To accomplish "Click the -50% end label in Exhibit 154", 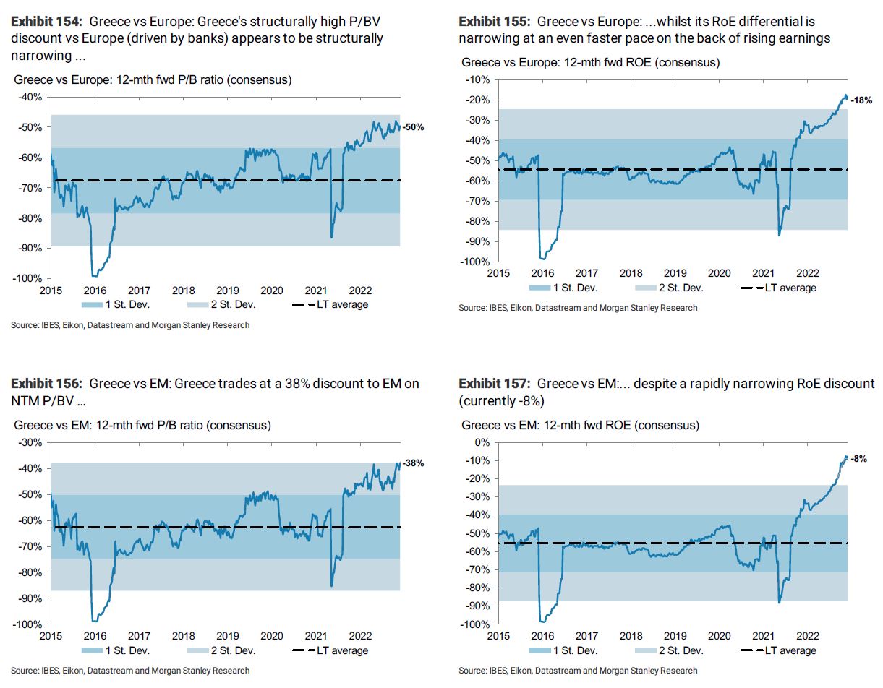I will [413, 126].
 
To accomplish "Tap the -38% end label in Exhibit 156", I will [413, 463].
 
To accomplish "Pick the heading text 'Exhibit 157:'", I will [495, 383].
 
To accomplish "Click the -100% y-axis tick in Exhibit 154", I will [27, 278].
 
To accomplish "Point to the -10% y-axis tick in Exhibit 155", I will [478, 79].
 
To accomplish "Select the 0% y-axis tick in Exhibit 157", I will [482, 442].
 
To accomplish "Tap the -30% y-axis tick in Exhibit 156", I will [30, 442].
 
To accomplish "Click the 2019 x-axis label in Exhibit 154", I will [227, 290].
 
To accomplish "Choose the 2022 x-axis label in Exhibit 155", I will [808, 273].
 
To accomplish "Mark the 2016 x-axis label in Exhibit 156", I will [94, 636].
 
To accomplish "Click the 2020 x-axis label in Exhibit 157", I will [719, 636].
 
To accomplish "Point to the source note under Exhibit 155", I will [578, 308].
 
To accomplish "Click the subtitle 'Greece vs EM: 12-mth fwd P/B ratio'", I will [142, 425].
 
